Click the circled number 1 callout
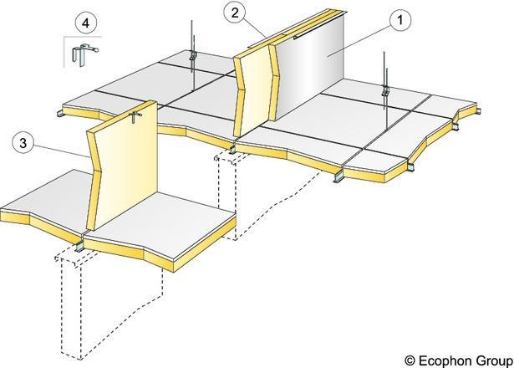(400, 20)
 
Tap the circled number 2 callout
(235, 13)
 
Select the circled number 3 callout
(23, 143)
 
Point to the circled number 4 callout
(86, 23)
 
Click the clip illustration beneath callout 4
(84, 54)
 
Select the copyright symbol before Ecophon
(410, 360)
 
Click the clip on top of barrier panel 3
(135, 116)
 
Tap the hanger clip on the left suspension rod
(192, 57)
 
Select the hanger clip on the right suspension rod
(385, 90)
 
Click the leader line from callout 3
(61, 151)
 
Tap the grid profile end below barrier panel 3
(79, 247)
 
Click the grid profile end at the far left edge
(60, 114)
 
